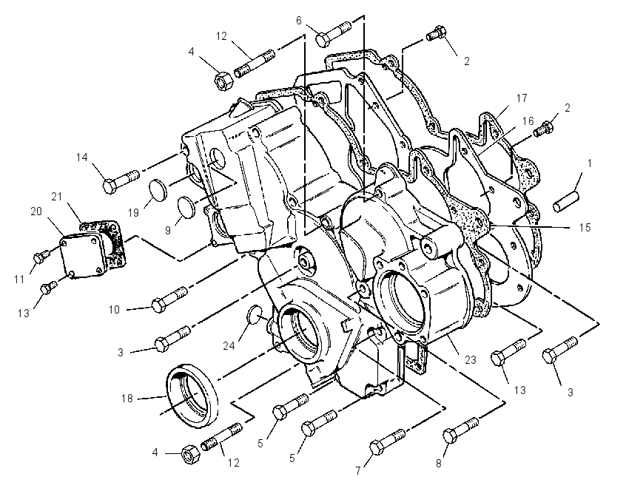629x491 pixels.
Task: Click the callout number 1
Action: [589, 163]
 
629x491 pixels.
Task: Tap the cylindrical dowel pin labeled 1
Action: [565, 202]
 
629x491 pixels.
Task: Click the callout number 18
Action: [127, 399]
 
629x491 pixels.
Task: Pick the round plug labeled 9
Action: [186, 208]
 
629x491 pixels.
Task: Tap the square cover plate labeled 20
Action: [84, 257]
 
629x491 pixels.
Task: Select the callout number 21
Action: [56, 197]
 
